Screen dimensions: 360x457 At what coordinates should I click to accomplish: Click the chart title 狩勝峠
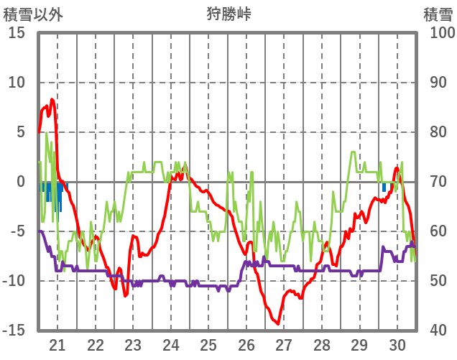(228, 14)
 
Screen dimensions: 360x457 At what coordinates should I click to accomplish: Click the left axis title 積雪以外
(33, 14)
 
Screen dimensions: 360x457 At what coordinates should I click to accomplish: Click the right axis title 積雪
(438, 14)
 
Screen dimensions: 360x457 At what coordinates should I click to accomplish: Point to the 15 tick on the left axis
(17, 33)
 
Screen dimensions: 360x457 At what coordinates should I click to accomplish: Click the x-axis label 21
(57, 345)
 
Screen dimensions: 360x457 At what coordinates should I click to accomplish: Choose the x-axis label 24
(170, 345)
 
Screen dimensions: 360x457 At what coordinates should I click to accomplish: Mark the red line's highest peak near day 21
(52, 99)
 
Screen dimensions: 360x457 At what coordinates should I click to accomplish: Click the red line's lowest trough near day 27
(278, 323)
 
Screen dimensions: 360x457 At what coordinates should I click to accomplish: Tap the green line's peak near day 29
(353, 152)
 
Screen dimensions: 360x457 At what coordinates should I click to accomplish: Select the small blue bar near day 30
(384, 187)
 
